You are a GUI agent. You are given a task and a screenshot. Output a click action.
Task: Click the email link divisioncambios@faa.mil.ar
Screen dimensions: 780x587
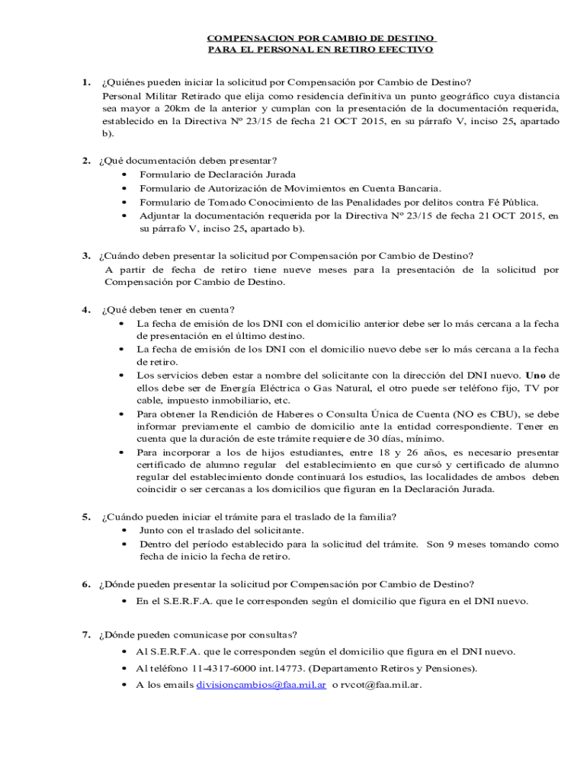pos(261,685)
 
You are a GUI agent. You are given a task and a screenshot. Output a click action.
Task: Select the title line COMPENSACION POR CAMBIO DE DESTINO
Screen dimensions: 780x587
pos(322,37)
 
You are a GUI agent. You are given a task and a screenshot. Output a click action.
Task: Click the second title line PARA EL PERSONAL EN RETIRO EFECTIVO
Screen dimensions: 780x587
pos(321,50)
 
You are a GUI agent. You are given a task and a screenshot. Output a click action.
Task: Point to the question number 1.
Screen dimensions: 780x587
pos(88,82)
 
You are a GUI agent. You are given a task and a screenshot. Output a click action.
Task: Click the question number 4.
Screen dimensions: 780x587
pos(88,309)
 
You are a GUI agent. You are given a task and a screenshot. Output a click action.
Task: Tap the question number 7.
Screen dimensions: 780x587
pos(88,635)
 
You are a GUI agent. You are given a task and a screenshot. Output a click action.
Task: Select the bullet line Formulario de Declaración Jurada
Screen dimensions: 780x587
pos(207,175)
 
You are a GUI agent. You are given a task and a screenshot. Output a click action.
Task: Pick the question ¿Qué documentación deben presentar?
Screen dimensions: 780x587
pos(188,161)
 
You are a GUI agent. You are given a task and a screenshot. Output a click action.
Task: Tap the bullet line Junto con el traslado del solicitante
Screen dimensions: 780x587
pos(221,530)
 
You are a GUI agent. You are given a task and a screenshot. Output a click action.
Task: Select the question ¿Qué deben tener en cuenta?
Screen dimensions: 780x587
pos(168,309)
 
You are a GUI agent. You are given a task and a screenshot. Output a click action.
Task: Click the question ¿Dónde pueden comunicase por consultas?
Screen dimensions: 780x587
pos(199,635)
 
